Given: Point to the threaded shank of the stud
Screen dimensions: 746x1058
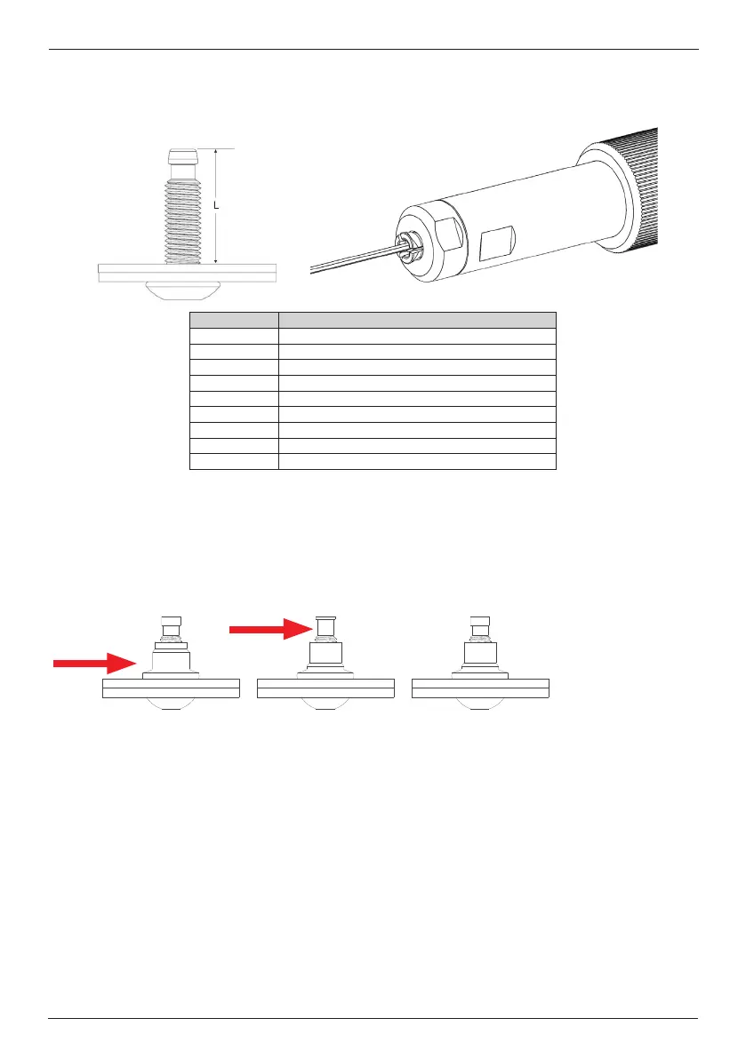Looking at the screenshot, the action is coord(186,218).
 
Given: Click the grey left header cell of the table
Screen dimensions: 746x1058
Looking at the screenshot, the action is coord(234,320).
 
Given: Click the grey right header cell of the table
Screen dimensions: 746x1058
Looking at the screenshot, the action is coord(417,320).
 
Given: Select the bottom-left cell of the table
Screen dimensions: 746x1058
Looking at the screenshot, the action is coord(234,460).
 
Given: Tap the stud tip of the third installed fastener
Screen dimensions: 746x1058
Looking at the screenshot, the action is coord(480,622).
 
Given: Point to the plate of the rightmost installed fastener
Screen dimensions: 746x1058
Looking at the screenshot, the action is coord(480,688).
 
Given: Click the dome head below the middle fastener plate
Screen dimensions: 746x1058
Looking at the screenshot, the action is coord(325,704).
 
